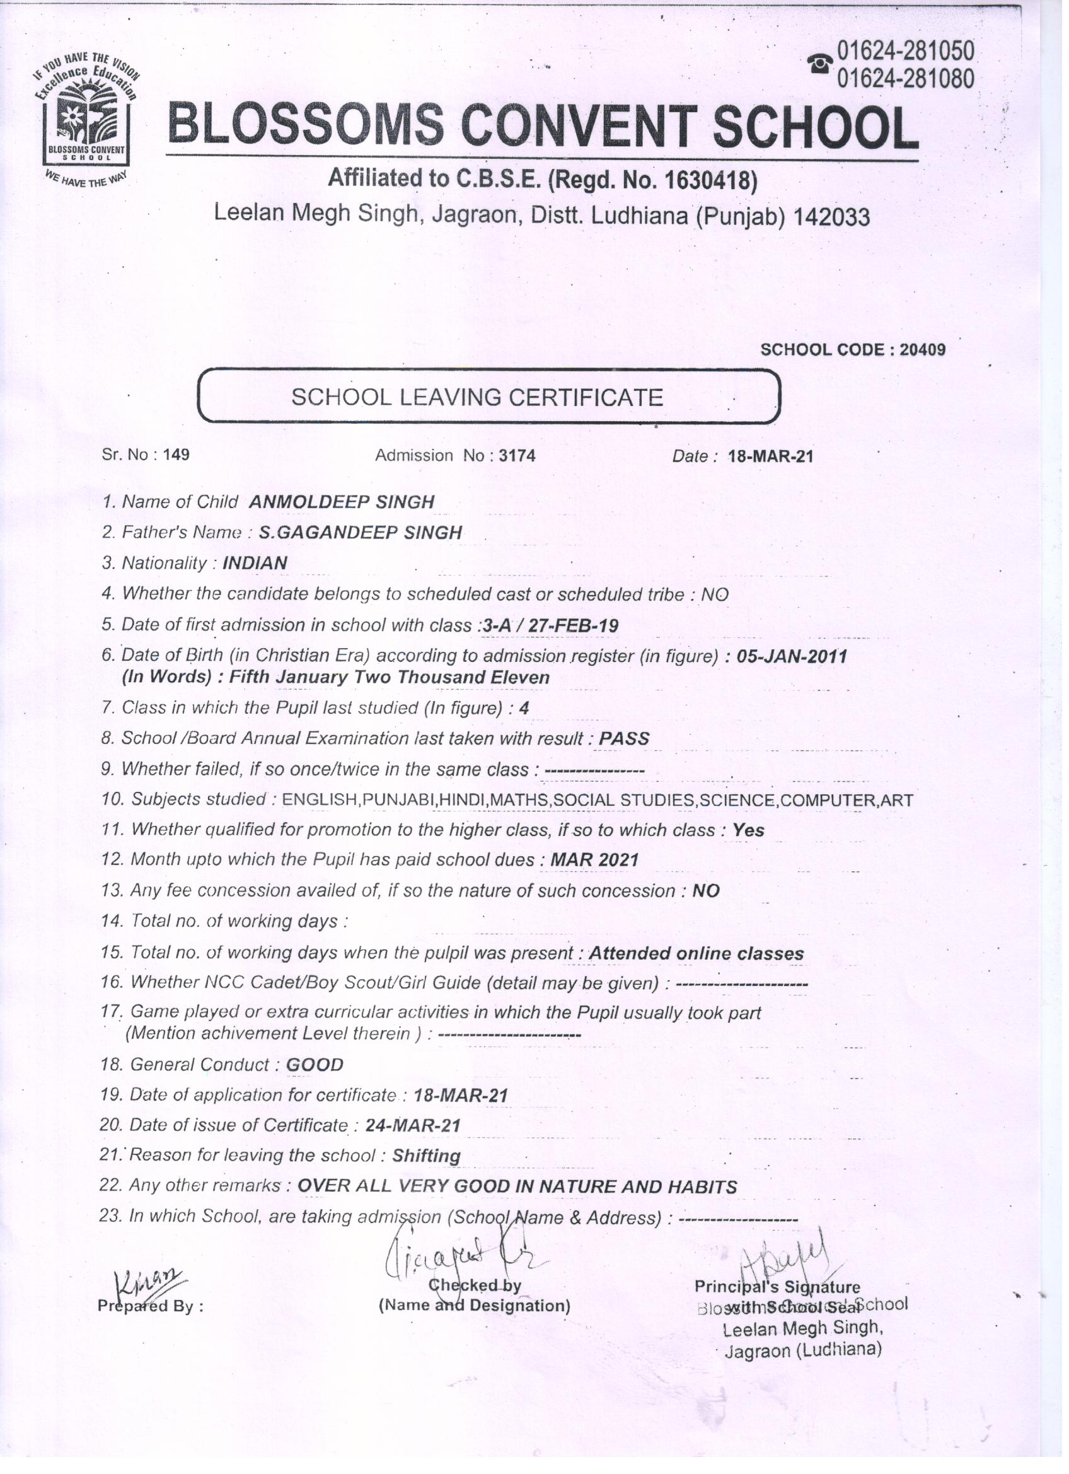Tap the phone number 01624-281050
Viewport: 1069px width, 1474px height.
(905, 50)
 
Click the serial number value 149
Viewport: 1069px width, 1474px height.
(176, 455)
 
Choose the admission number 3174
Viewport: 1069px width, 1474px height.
(517, 455)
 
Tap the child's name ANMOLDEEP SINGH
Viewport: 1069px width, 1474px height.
(341, 502)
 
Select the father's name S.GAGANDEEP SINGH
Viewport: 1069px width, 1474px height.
(360, 532)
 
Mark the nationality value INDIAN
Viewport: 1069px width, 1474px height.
(255, 563)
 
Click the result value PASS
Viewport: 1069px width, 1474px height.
(624, 738)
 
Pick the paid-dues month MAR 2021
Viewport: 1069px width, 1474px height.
(594, 860)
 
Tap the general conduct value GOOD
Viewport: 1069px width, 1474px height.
(315, 1065)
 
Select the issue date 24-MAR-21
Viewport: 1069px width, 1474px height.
(413, 1125)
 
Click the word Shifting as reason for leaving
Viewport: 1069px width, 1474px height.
(426, 1156)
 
